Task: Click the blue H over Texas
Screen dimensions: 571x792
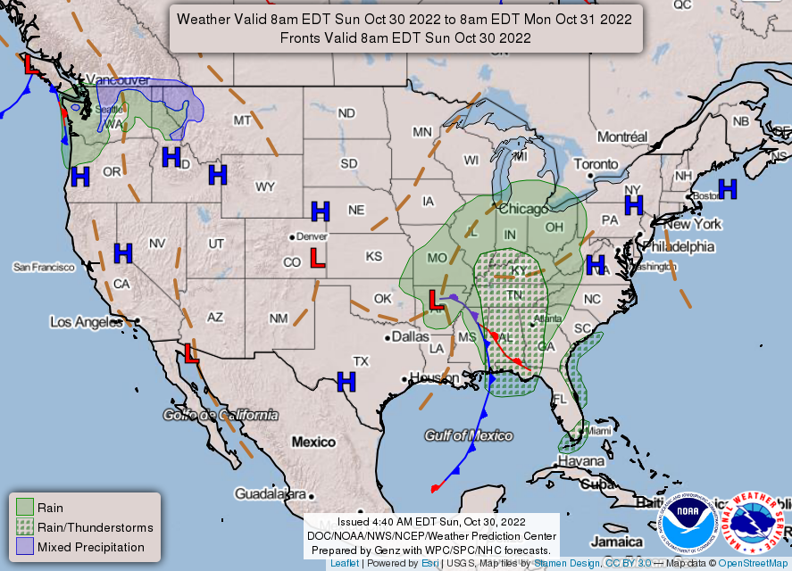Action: point(346,382)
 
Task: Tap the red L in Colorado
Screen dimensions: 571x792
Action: point(316,258)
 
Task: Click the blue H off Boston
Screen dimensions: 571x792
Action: point(728,188)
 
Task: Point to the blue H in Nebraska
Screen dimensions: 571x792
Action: point(320,211)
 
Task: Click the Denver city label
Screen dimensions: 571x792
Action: point(312,236)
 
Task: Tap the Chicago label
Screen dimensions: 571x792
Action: point(523,210)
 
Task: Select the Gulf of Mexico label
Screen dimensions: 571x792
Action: point(468,435)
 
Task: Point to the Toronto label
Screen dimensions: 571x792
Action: point(595,165)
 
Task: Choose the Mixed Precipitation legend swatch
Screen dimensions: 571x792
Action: point(25,547)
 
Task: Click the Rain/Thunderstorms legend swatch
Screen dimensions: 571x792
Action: point(25,527)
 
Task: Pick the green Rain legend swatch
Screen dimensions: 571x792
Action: point(25,508)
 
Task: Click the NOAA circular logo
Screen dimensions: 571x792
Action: point(688,525)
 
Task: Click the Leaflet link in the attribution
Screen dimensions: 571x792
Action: point(345,564)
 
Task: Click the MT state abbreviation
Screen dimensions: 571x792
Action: point(242,120)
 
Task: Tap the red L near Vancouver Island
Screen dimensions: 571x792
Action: point(30,65)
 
